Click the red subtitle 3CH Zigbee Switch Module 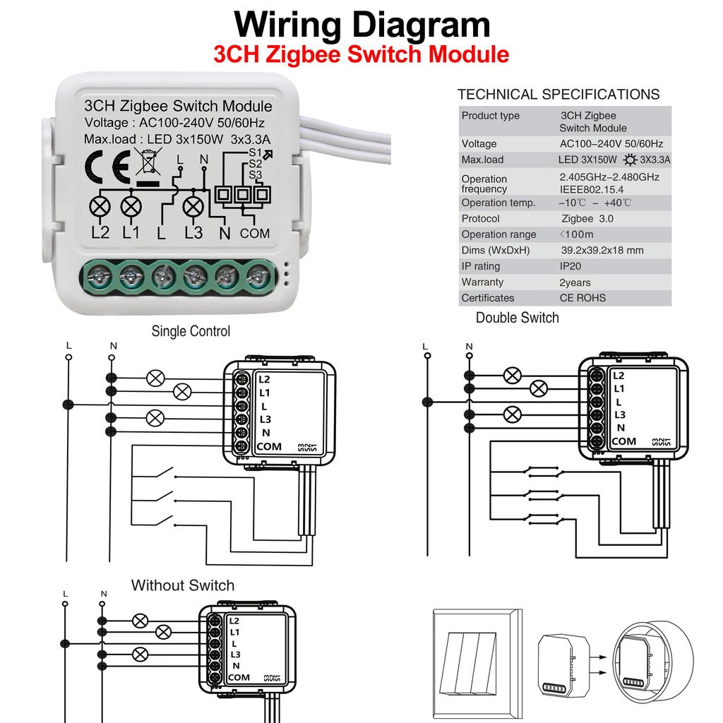click(361, 54)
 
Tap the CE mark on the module click(107, 167)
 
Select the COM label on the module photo click(255, 233)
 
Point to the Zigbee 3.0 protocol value click(587, 219)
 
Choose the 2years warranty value click(575, 282)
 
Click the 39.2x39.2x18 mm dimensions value click(602, 251)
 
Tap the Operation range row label click(498, 234)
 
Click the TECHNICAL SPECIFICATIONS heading click(558, 95)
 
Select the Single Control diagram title click(191, 331)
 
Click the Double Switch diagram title click(517, 318)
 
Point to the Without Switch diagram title click(182, 585)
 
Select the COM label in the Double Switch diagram click(623, 441)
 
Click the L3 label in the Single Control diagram click(264, 419)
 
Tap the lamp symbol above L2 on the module click(101, 207)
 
